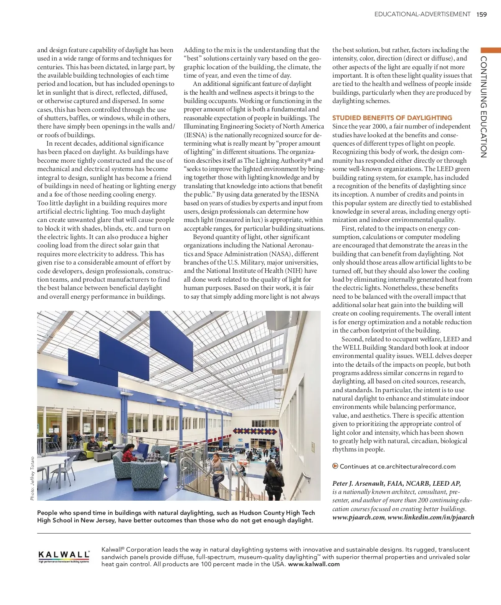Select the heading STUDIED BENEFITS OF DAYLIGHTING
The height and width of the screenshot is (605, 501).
392,118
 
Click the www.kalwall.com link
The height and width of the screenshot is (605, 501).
314,564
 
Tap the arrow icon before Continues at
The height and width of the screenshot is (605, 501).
335,466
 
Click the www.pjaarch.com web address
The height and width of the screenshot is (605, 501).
359,517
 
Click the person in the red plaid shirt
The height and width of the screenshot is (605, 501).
154,458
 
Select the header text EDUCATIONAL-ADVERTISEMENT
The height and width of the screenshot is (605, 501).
422,14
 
